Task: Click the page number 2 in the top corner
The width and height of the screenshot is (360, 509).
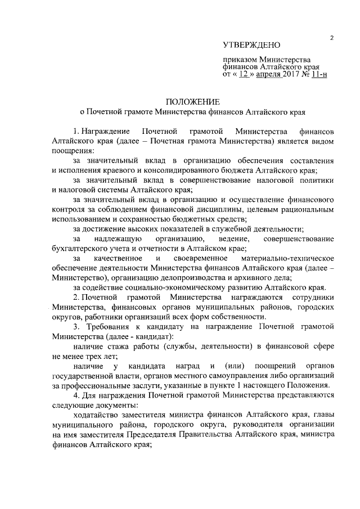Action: pyautogui.click(x=332, y=38)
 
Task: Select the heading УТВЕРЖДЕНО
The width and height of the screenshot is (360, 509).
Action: pyautogui.click(x=251, y=44)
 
